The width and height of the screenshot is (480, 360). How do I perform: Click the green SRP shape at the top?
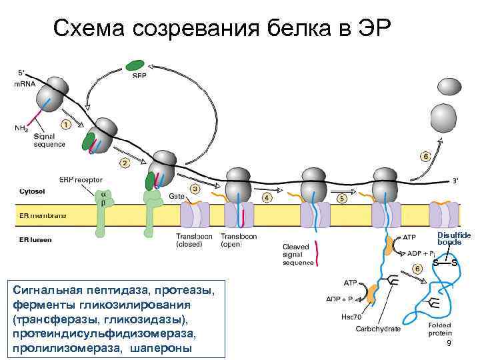(x=135, y=65)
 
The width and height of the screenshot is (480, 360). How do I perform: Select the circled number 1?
(x=65, y=124)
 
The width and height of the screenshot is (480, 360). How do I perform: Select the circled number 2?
(x=124, y=163)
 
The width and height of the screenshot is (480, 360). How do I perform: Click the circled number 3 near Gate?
(x=195, y=189)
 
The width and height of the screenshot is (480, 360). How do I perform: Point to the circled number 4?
(x=267, y=198)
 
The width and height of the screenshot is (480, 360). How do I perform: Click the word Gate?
(x=177, y=197)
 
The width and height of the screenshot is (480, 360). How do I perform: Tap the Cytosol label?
(x=32, y=191)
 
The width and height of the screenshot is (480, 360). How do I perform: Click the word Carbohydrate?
(x=378, y=329)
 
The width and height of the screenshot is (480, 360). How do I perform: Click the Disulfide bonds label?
(x=454, y=238)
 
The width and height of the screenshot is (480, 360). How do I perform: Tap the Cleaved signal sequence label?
(x=297, y=254)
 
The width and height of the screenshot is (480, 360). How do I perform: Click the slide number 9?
(x=449, y=342)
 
